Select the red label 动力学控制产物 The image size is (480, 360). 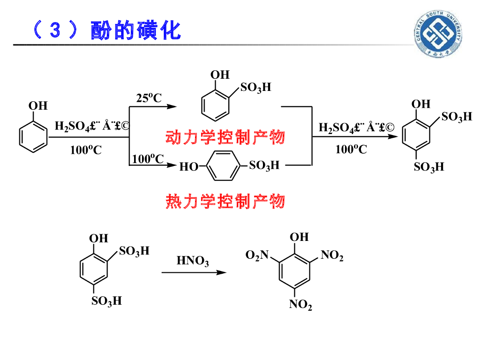(225, 137)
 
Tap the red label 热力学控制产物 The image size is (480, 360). (225, 202)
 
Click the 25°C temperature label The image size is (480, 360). (149, 98)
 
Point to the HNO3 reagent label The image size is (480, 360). (192, 261)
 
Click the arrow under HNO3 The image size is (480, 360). (194, 272)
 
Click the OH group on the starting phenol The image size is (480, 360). (38, 106)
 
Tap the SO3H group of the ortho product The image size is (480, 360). (256, 88)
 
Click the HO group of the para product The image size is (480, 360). (189, 166)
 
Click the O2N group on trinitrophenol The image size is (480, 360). (257, 255)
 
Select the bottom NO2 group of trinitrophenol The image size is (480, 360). (300, 305)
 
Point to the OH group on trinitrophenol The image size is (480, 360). (300, 237)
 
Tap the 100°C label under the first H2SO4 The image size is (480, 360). (86, 150)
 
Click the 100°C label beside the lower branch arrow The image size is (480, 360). (148, 159)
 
